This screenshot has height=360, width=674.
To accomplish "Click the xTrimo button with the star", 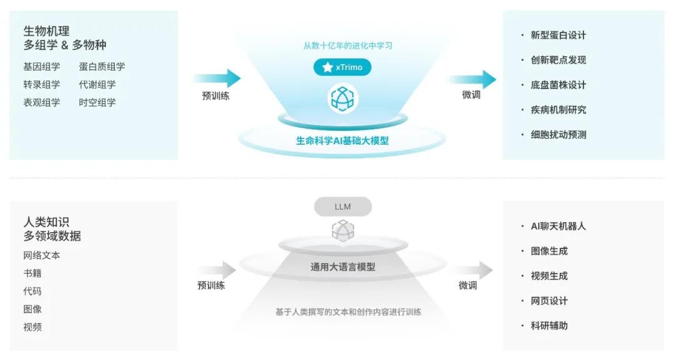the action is click(x=342, y=67).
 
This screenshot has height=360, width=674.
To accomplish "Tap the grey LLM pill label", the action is click(x=343, y=207).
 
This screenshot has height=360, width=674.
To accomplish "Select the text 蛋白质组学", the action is click(x=102, y=67).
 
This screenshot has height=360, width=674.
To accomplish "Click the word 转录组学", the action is click(x=42, y=85).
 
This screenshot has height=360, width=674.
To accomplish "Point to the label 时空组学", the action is click(x=97, y=103).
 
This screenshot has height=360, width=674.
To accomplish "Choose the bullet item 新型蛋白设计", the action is click(x=558, y=36).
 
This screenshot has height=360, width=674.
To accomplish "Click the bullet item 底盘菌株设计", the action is click(x=558, y=85).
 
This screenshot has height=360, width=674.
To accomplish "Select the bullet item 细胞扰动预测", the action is click(x=558, y=135).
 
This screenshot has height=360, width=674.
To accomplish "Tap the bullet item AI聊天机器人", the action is click(x=558, y=226).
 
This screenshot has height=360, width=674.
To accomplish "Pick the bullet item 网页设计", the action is click(x=549, y=301).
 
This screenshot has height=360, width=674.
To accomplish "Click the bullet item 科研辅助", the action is click(x=549, y=326).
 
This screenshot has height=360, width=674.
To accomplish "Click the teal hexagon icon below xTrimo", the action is click(x=342, y=98).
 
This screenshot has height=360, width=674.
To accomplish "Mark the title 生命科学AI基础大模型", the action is click(x=342, y=141).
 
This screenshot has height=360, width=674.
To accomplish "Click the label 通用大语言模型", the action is click(x=343, y=267).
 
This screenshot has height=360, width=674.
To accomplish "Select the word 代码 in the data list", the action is click(x=32, y=291).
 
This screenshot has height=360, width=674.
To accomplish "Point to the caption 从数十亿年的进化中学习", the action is click(x=348, y=46).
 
